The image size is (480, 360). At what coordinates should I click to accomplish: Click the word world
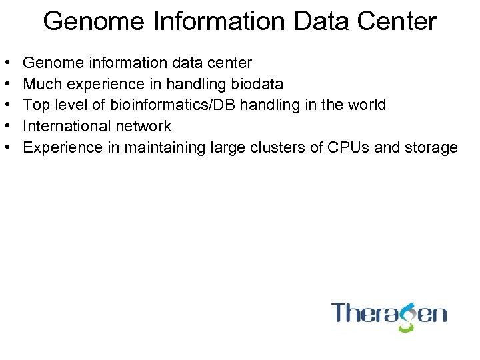point(365,105)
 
